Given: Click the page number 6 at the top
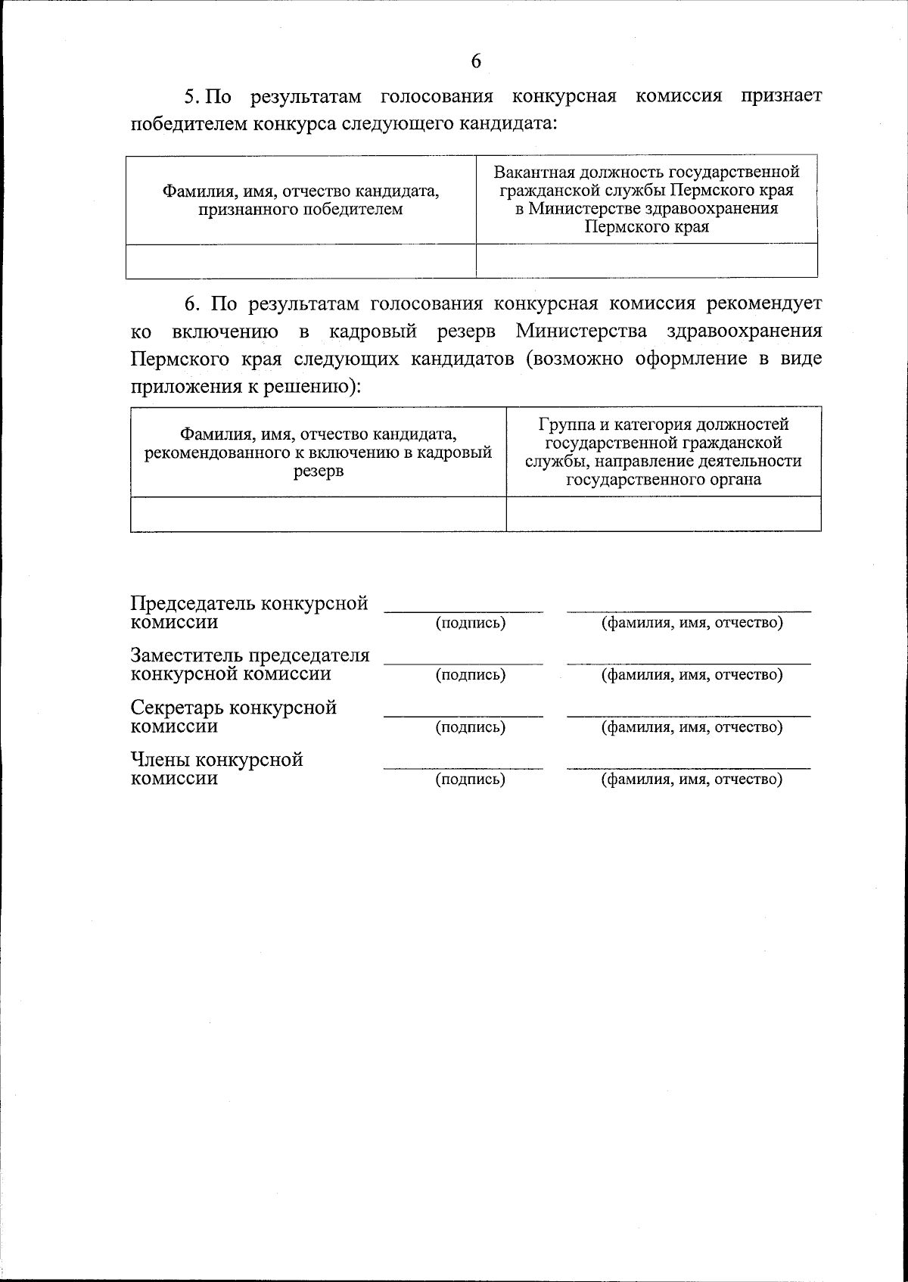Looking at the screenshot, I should (x=475, y=61).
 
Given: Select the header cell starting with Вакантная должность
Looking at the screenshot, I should (x=646, y=200).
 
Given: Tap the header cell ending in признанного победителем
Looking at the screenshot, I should (x=300, y=201).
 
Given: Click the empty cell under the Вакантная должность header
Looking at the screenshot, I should (x=646, y=261).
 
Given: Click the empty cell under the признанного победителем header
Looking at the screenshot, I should (x=300, y=261).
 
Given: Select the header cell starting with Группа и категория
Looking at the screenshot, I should (x=663, y=452).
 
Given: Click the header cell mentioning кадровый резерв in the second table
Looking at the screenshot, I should (x=318, y=453).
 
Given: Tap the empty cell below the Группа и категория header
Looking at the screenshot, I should (x=663, y=514).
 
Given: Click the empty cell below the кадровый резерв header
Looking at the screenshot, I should (x=318, y=514).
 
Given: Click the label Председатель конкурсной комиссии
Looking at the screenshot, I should (x=249, y=613).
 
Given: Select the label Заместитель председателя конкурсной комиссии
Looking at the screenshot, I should (x=250, y=664).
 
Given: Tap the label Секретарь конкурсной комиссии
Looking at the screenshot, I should (x=233, y=717).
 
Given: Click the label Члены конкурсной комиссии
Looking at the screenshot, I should (x=216, y=769).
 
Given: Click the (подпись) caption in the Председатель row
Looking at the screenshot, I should (x=470, y=624).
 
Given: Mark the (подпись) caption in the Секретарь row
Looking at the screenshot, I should (x=470, y=727).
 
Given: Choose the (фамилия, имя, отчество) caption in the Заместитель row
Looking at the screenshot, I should (x=691, y=675).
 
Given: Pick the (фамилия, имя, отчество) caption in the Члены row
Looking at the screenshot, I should (x=691, y=779).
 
